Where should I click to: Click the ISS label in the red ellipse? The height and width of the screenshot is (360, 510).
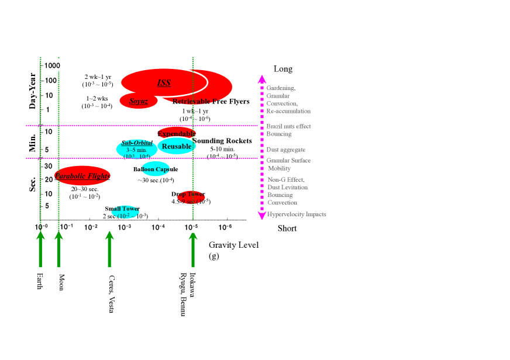pyautogui.click(x=164, y=83)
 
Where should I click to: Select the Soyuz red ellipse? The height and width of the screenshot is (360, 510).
pyautogui.click(x=138, y=101)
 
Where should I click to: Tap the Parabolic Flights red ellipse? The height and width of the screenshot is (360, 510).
pyautogui.click(x=82, y=176)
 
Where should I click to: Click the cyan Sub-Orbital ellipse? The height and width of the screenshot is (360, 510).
pyautogui.click(x=136, y=149)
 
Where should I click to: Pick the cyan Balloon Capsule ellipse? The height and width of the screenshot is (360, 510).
pyautogui.click(x=156, y=169)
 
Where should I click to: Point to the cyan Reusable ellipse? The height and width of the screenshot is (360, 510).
pyautogui.click(x=176, y=146)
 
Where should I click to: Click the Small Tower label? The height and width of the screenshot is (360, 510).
pyautogui.click(x=122, y=209)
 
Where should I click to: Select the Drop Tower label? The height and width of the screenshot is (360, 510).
pyautogui.click(x=188, y=194)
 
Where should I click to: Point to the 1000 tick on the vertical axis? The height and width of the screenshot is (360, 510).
pyautogui.click(x=53, y=65)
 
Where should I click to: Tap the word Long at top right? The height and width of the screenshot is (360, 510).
pyautogui.click(x=283, y=69)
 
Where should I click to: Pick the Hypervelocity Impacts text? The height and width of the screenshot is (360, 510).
pyautogui.click(x=297, y=214)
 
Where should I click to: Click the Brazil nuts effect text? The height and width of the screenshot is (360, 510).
pyautogui.click(x=289, y=126)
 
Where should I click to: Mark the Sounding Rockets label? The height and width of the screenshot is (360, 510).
pyautogui.click(x=222, y=141)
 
